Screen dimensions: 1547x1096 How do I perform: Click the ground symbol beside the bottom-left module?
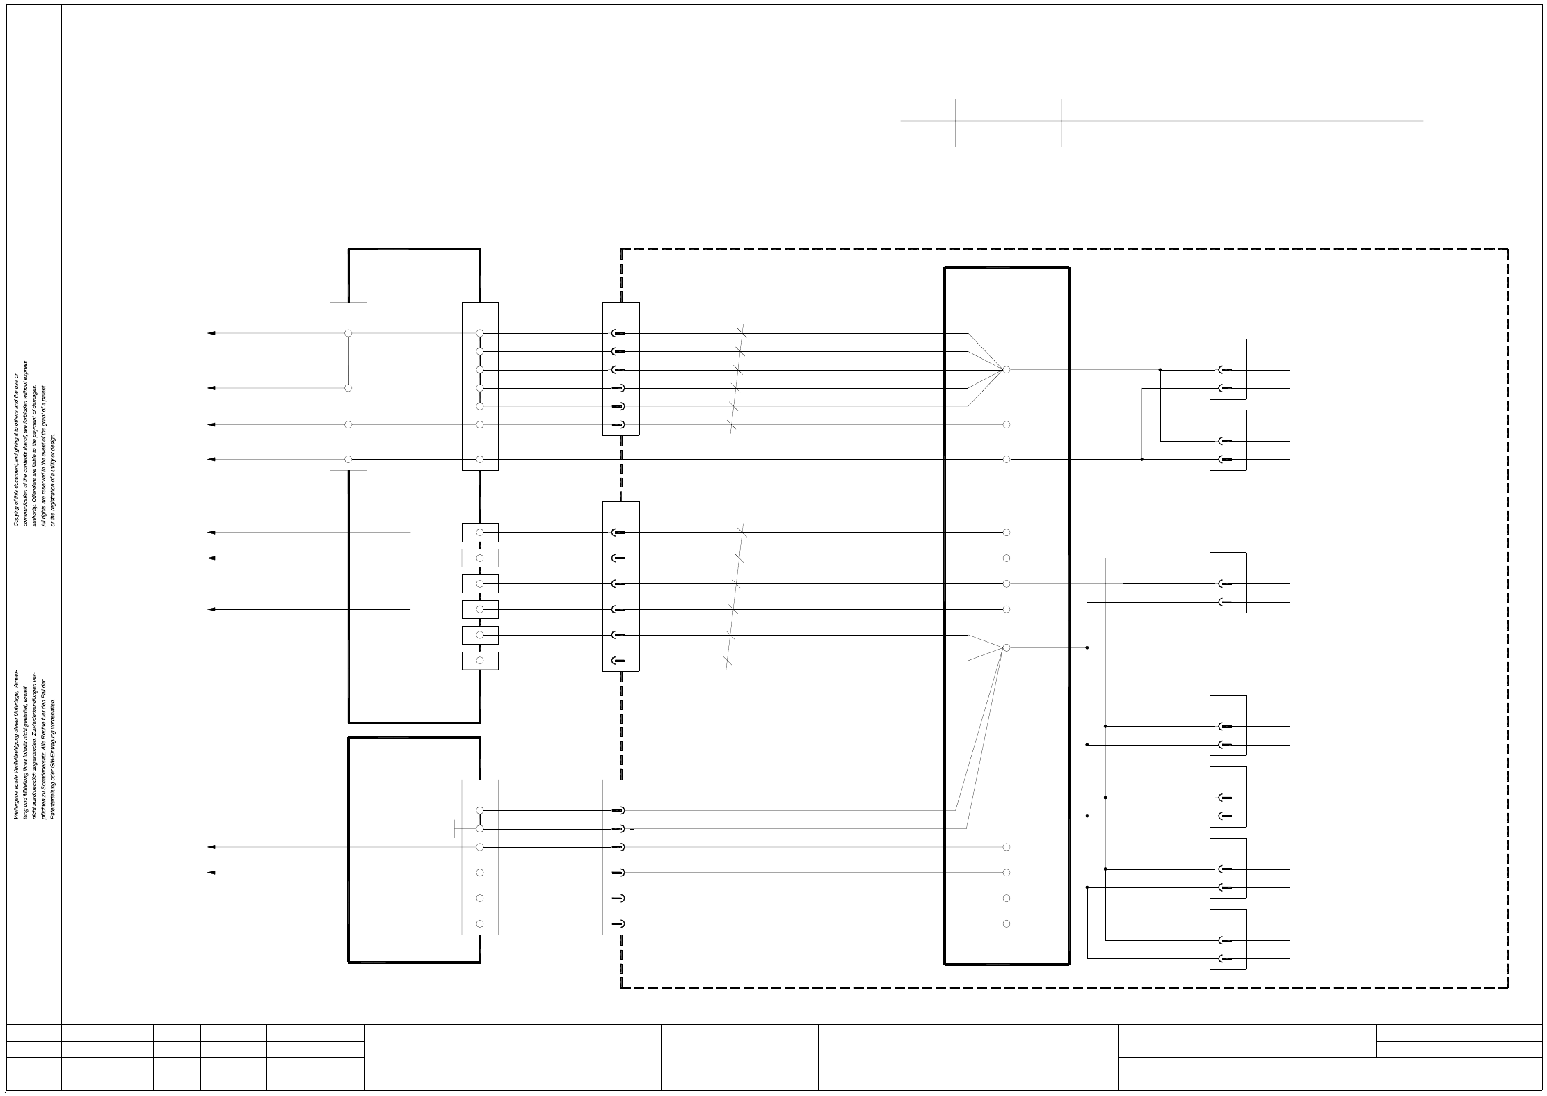click(x=451, y=829)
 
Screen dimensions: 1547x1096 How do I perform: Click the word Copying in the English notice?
click(x=17, y=514)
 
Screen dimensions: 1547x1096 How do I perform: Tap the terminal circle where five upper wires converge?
click(x=1006, y=370)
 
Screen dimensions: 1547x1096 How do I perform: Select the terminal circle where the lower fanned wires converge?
click(x=1006, y=647)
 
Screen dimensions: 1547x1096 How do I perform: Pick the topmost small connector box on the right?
click(x=1228, y=369)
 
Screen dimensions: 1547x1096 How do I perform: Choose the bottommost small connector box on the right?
click(x=1228, y=940)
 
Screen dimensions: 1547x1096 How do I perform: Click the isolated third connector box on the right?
click(x=1228, y=583)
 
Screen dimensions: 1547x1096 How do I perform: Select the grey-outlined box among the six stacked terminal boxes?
click(x=480, y=558)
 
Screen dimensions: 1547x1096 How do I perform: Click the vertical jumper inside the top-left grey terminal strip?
click(x=348, y=360)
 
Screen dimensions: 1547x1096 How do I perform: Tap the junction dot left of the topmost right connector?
click(x=1160, y=370)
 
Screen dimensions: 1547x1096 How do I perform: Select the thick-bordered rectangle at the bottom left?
click(x=414, y=850)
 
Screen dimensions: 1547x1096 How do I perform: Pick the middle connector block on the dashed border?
click(x=620, y=586)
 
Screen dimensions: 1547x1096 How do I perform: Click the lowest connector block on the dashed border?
click(x=620, y=857)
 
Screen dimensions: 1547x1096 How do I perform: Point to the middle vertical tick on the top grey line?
click(x=1061, y=122)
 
